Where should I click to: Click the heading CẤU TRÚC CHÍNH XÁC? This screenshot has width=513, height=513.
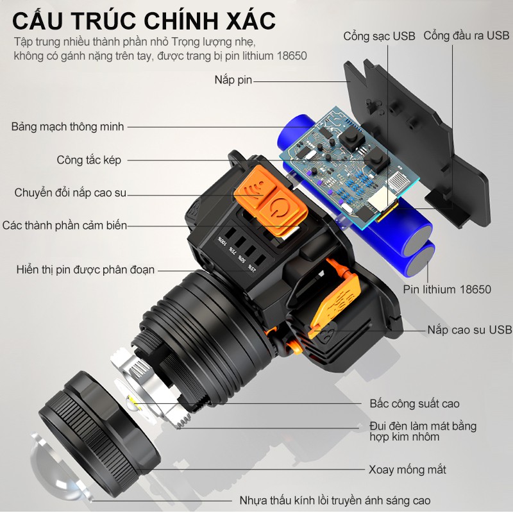[x=144, y=21]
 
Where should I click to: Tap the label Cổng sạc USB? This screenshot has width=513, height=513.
[x=379, y=37]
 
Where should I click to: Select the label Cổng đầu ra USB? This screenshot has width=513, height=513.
[x=467, y=36]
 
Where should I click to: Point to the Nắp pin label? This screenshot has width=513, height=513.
[x=233, y=80]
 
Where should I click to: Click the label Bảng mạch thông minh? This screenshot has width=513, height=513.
[x=68, y=126]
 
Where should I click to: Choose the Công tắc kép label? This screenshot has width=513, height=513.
[x=88, y=160]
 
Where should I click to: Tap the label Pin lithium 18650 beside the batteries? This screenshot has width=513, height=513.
[x=447, y=290]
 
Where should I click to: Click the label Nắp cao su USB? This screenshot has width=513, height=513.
[x=470, y=330]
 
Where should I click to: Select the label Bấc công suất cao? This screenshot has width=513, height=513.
[x=414, y=404]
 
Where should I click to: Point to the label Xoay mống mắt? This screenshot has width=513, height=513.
[x=407, y=470]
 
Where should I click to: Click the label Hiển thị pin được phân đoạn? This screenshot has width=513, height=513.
[x=85, y=270]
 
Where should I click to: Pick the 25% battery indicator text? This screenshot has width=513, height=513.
[x=252, y=268]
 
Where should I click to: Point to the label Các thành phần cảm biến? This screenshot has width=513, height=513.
[x=65, y=226]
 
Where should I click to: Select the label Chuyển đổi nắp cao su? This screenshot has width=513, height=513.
[x=71, y=193]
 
